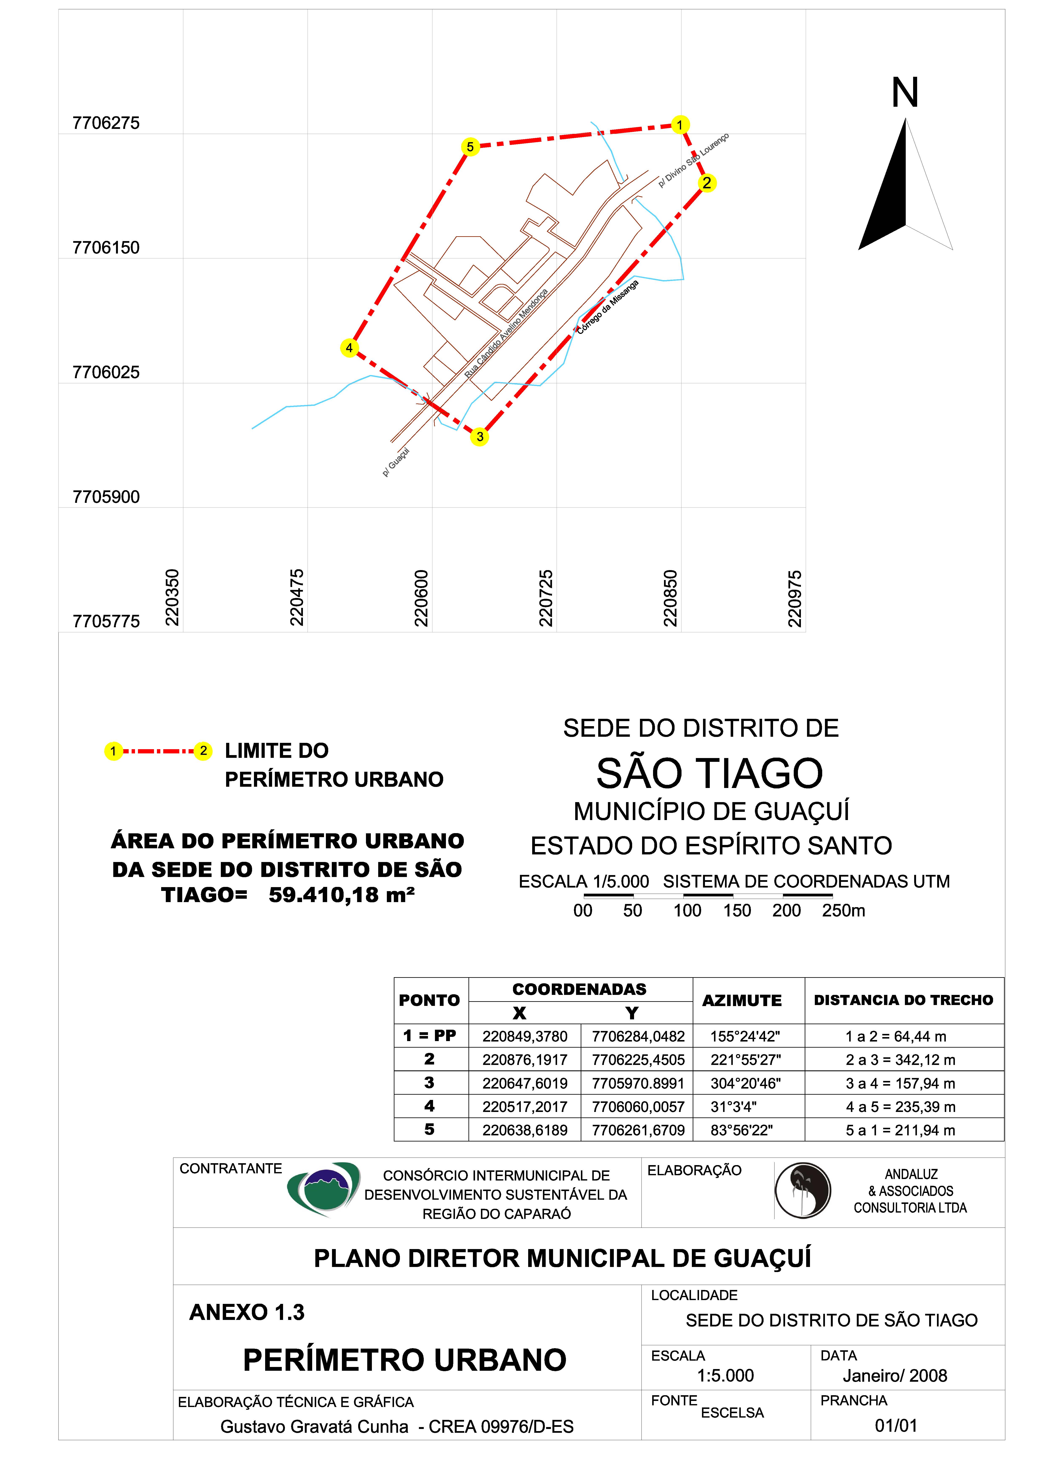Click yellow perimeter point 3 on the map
click(x=479, y=437)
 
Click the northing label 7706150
click(x=106, y=248)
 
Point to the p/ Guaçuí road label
click(x=396, y=462)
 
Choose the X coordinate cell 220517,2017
click(x=525, y=1107)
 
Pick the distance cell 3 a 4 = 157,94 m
click(x=900, y=1083)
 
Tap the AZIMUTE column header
click(x=742, y=1000)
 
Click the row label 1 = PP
click(x=430, y=1036)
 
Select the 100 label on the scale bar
click(x=687, y=911)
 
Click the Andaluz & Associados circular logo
click(x=802, y=1191)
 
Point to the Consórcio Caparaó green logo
click(x=324, y=1189)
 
